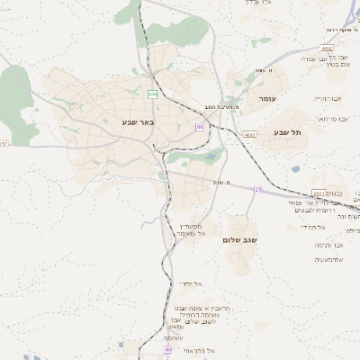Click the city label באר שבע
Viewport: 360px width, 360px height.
click(x=138, y=121)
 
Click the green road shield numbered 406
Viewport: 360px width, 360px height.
click(x=153, y=93)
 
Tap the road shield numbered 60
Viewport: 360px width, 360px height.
click(x=199, y=127)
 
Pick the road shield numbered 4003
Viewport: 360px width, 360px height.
click(x=249, y=134)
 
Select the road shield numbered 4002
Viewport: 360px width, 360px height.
click(x=327, y=49)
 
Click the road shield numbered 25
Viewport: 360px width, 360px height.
click(x=258, y=190)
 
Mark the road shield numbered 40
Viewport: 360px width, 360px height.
click(x=168, y=348)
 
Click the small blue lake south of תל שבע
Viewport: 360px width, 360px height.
click(x=295, y=168)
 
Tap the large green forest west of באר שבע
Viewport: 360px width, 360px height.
click(x=15, y=94)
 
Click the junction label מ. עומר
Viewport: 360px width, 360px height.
click(x=263, y=71)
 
